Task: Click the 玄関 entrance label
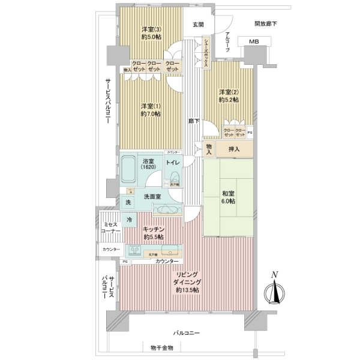[x=198, y=25]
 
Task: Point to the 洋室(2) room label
[x=229, y=95]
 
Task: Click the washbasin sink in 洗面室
[x=165, y=209]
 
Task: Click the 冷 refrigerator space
[x=129, y=220]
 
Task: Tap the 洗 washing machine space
[x=128, y=203]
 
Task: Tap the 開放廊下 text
[x=265, y=25]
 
